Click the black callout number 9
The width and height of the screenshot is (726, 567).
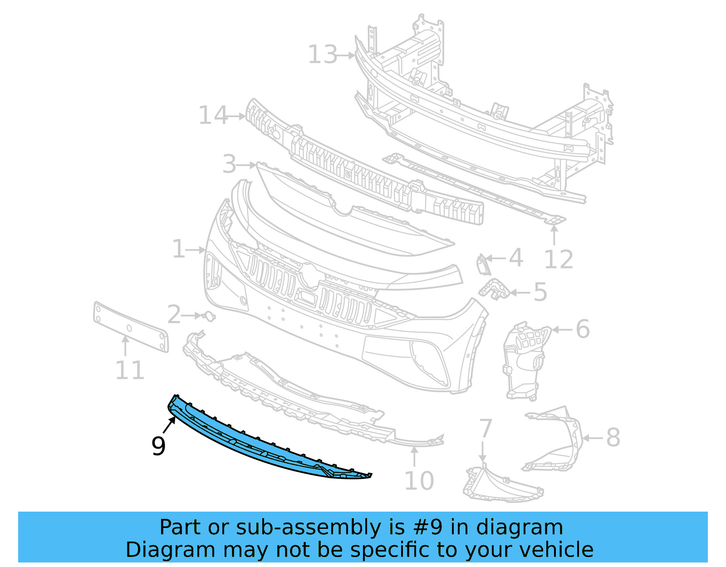(158, 446)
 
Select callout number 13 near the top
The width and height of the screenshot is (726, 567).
(323, 55)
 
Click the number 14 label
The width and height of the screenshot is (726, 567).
(213, 116)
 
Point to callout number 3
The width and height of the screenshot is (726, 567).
(230, 164)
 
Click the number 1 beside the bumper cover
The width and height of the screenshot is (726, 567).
(178, 250)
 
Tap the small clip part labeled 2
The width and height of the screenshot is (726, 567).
(209, 316)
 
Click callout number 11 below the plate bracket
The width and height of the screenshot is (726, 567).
(129, 370)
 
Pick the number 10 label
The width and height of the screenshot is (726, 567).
(418, 481)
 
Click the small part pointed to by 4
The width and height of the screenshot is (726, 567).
(481, 265)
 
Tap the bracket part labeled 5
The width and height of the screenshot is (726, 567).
(495, 289)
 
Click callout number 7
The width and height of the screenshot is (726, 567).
(486, 428)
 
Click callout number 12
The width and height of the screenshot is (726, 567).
(559, 260)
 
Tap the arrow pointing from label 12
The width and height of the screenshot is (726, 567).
(554, 235)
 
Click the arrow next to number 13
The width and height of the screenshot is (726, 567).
(347, 55)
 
